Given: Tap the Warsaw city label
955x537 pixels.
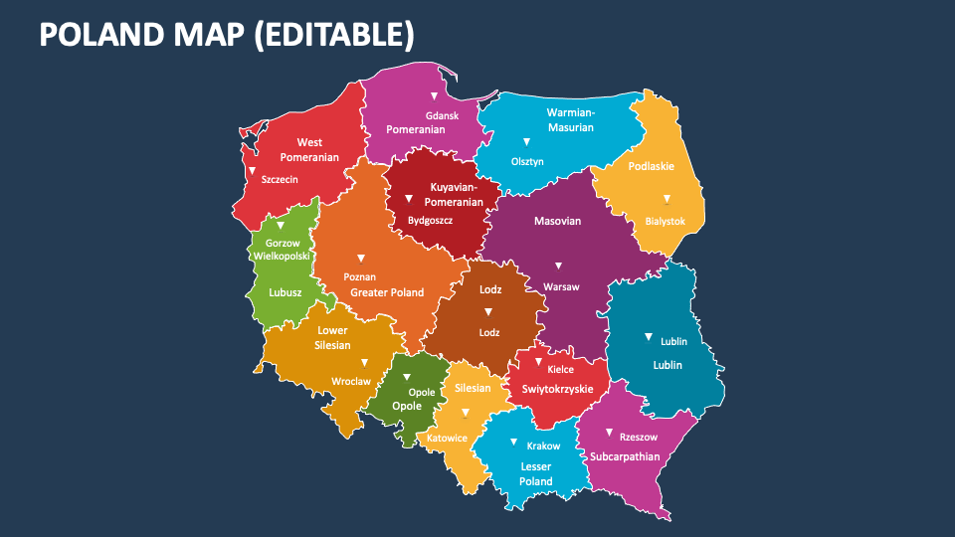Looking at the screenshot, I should [x=561, y=286].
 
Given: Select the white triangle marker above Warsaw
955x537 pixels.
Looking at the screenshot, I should [x=558, y=266].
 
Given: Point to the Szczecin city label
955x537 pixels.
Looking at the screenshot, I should [x=280, y=180].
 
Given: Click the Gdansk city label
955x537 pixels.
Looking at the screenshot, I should [x=442, y=115].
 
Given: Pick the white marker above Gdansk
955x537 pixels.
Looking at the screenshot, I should [x=434, y=96].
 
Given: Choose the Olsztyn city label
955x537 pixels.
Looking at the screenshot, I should [x=527, y=161].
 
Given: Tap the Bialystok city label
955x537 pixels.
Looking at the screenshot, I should [x=665, y=221].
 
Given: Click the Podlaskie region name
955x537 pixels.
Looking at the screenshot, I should [x=652, y=166].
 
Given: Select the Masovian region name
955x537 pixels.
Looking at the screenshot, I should [x=557, y=221].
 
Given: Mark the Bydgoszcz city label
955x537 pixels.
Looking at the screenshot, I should [x=431, y=220].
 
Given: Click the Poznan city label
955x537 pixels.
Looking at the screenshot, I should [x=359, y=276].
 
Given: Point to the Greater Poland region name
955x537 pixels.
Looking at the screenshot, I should [x=387, y=292].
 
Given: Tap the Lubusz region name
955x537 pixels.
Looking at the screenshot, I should [x=286, y=292].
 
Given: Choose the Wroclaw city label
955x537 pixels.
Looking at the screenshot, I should [x=351, y=381].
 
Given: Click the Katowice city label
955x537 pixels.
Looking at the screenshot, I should [x=448, y=438].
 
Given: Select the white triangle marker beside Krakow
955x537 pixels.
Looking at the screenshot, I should [x=513, y=443].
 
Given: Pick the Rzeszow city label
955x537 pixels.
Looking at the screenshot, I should [x=638, y=437].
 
